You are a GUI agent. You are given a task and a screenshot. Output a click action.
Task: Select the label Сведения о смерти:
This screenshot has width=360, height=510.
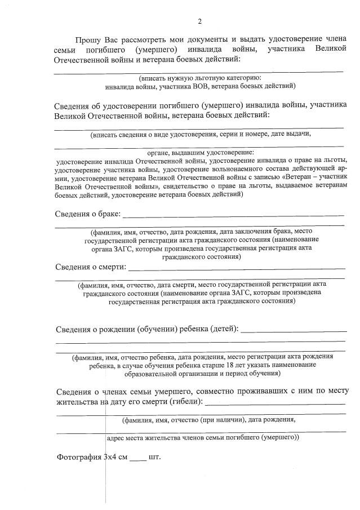point(90,267)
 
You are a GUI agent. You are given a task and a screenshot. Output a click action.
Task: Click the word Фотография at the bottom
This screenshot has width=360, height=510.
point(79,456)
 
